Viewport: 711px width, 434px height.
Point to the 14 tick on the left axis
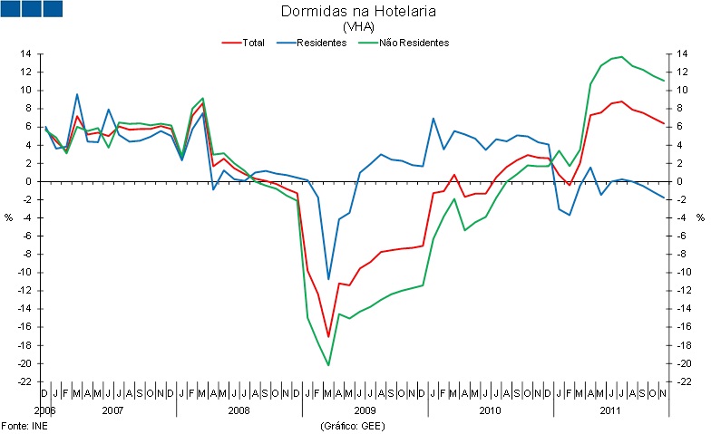coord(27,54)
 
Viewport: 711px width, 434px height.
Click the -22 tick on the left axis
coord(25,381)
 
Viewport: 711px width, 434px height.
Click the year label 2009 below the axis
coord(364,410)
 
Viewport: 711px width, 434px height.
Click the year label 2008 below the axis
coord(239,410)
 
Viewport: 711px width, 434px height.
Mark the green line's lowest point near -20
coord(328,365)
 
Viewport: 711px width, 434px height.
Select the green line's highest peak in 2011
coord(621,57)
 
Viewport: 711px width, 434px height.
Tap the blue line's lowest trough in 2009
coord(328,279)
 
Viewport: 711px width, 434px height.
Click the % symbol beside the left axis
coord(9,217)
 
